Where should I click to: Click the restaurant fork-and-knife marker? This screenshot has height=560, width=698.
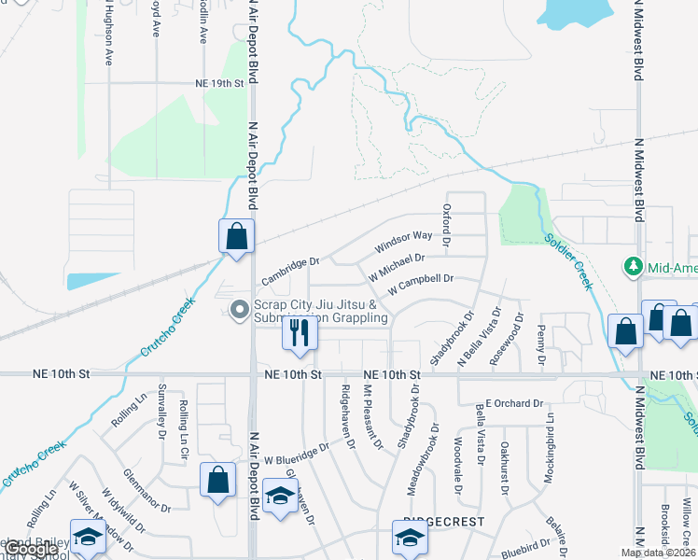click(x=299, y=333)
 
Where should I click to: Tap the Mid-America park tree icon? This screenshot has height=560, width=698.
click(x=635, y=268)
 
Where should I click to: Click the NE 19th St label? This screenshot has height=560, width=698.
click(x=219, y=83)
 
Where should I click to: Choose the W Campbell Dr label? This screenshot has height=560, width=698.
click(x=420, y=279)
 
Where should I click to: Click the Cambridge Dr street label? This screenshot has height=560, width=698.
click(x=290, y=272)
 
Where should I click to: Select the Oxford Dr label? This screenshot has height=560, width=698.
click(x=447, y=225)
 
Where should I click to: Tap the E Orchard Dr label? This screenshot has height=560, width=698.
click(x=513, y=403)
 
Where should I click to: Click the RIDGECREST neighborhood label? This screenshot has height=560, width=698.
click(x=435, y=525)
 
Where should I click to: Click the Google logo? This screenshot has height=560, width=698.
click(x=30, y=550)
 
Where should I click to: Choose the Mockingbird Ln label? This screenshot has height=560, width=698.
click(x=551, y=439)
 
